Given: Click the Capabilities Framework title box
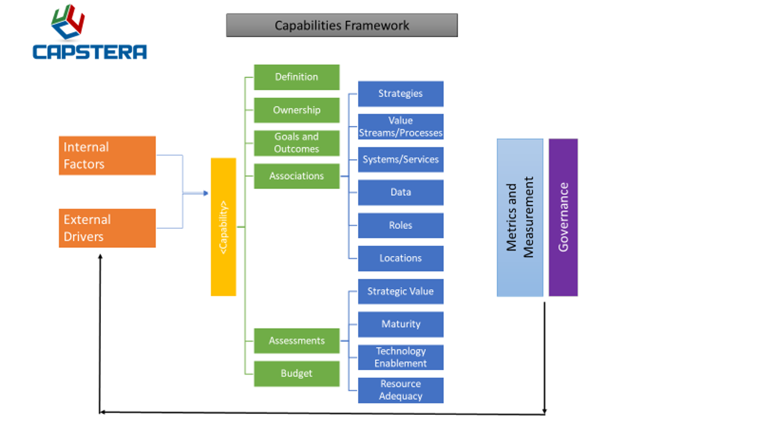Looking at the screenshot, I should (342, 25).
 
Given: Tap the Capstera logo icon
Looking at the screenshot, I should (68, 22).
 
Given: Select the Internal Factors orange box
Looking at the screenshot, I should (107, 155).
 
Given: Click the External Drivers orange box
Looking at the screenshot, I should (107, 228).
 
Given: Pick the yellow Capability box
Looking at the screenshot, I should (223, 227).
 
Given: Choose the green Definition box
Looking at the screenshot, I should (296, 77).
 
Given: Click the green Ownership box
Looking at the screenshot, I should (296, 110).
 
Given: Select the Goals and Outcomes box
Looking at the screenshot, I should (296, 143).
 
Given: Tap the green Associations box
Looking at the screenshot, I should (296, 176).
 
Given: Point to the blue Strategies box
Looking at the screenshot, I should (400, 94).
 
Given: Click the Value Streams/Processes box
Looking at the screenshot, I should (400, 127).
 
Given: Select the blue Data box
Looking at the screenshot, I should (400, 192).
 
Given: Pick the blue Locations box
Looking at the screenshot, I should (400, 258).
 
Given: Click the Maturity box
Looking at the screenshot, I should (400, 324).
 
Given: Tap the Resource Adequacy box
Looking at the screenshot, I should (400, 390).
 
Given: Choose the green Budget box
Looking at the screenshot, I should (296, 374).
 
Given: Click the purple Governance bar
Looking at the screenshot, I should (563, 217).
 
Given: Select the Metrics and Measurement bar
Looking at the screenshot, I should (520, 217).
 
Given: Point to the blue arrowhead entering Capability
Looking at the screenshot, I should (205, 194).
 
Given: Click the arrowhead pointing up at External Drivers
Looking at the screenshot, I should (100, 256).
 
